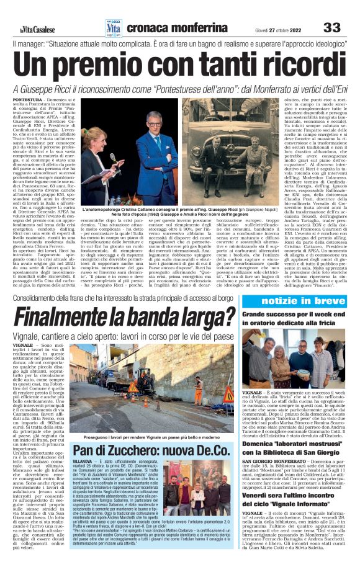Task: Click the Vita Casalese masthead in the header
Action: tap(35, 29)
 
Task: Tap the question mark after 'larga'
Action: tap(232, 318)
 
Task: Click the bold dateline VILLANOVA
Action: tap(83, 463)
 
